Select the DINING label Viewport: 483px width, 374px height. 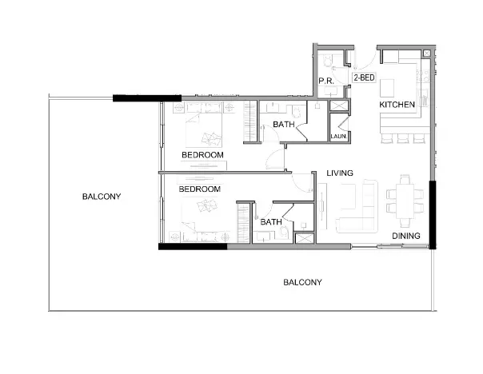406,236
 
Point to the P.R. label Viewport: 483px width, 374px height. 325,82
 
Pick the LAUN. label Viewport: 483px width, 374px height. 339,138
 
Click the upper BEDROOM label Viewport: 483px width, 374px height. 202,154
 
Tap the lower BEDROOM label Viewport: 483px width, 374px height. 199,189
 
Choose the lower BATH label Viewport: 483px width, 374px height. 270,221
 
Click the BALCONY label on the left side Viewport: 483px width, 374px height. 101,196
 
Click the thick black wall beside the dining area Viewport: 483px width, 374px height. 432,213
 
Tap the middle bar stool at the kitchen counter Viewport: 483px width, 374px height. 400,138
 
